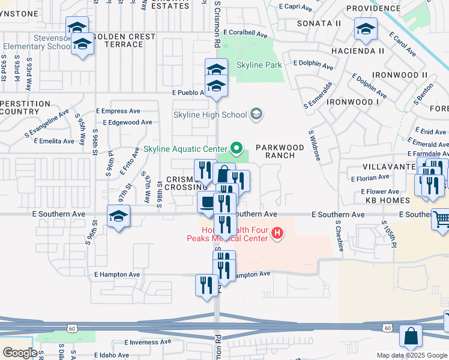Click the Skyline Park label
259,65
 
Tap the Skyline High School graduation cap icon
256,114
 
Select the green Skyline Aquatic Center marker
237,148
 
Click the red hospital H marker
277,233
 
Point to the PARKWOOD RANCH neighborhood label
276,151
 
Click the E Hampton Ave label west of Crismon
117,274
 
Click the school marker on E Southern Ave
118,216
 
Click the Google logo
20,352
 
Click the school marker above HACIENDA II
365,29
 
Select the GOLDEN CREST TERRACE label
125,41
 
